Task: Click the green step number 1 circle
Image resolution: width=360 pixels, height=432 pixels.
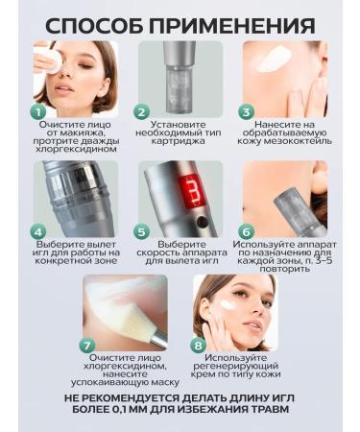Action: click(x=38, y=111)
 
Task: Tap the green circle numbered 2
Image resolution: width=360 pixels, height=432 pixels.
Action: click(x=140, y=111)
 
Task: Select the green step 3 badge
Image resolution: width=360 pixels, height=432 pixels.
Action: click(x=245, y=111)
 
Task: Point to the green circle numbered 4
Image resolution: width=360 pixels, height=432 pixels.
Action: click(x=38, y=231)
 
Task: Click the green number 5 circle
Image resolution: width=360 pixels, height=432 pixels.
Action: click(x=140, y=231)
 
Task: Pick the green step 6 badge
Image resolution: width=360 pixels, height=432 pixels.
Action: click(x=245, y=231)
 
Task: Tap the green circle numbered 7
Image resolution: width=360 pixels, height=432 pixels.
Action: click(x=86, y=345)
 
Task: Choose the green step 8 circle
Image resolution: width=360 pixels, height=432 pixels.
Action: click(x=199, y=345)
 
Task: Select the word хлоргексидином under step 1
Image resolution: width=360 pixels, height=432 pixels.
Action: click(x=76, y=149)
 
